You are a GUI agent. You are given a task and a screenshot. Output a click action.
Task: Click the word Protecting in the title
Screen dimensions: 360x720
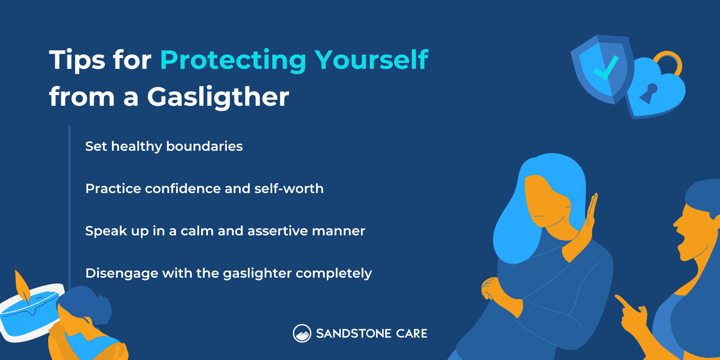point(233,60)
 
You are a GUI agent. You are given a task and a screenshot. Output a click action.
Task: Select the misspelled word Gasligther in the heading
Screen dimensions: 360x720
point(218,97)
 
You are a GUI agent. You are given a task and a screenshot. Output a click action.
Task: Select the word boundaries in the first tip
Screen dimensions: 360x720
point(204,146)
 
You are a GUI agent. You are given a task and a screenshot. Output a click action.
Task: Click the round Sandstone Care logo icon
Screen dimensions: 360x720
point(302,333)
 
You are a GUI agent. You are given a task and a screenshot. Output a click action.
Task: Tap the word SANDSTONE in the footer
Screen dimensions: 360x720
point(353,334)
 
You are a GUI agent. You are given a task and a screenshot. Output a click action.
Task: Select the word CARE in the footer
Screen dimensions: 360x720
point(412,334)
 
